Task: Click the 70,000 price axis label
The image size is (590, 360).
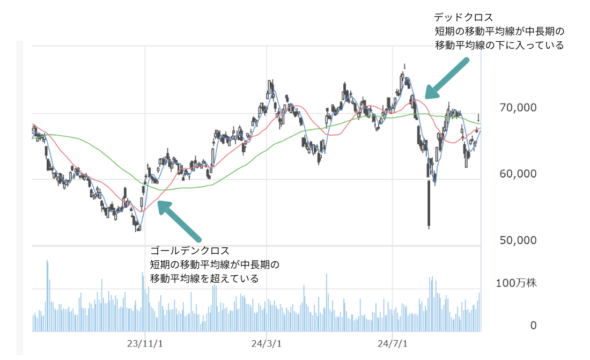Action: pos(517,108)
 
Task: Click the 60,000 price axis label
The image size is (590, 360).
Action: pos(517,174)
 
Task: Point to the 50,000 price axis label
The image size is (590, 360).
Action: pos(517,240)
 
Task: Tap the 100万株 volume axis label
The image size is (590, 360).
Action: pos(516,283)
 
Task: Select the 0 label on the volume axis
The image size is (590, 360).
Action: pos(533,325)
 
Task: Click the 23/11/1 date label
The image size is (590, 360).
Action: pos(145,343)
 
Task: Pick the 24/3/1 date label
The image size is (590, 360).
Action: pos(267,343)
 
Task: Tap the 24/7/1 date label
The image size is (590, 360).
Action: pos(393,343)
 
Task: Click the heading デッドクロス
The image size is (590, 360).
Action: pos(463,17)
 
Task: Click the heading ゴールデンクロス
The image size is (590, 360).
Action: pos(190,251)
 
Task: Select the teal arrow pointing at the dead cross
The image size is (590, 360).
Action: pos(447,78)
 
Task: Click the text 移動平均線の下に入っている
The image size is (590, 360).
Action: pos(499,46)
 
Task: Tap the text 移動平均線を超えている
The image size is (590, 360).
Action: pos(204,279)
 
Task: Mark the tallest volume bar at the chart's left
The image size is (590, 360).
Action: pos(47,295)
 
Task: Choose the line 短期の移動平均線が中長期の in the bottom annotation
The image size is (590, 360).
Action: pos(215,265)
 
